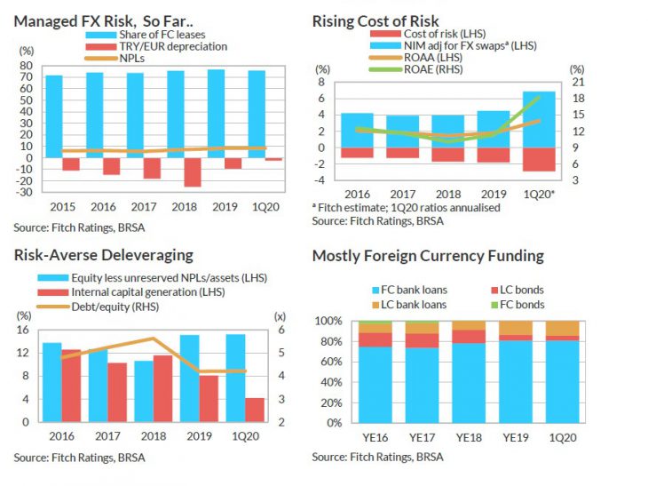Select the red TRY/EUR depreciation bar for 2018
coord(192,171)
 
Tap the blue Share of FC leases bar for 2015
coord(54,116)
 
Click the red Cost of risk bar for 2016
coord(357,153)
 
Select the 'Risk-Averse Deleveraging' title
coord(103,255)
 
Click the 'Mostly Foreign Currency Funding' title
coord(428,256)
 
